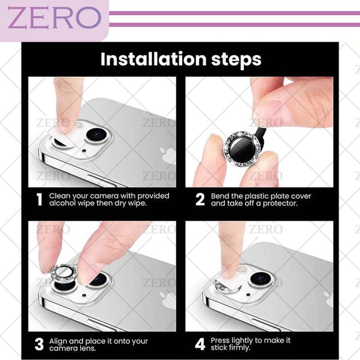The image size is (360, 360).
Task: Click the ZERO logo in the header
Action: [54, 18]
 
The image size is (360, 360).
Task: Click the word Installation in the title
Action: [153, 59]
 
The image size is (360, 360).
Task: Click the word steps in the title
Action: [236, 60]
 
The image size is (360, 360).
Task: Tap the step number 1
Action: [40, 199]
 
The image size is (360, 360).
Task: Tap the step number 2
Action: [200, 199]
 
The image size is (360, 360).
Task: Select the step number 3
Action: [39, 344]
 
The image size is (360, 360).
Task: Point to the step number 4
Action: [200, 344]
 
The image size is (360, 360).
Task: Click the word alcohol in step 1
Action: [62, 203]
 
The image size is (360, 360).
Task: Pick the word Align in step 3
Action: [58, 342]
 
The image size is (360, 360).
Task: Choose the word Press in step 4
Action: [220, 341]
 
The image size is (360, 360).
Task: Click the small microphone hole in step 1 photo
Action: [84, 151]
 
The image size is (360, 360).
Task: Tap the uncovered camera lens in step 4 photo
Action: [261, 279]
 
